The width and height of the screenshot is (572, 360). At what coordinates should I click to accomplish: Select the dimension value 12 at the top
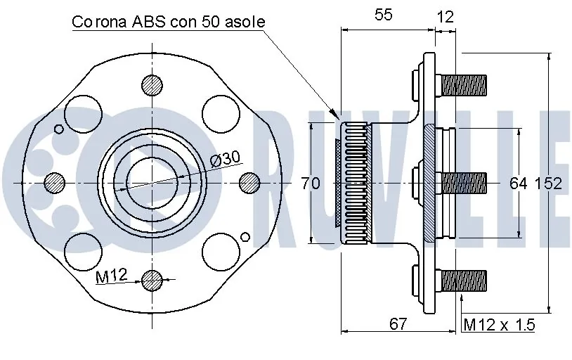(x=445, y=15)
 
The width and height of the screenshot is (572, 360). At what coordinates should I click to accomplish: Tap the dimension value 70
(x=310, y=184)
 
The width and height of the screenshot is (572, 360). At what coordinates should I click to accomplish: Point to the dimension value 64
(x=518, y=184)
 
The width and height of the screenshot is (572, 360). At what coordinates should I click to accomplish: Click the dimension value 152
(x=548, y=184)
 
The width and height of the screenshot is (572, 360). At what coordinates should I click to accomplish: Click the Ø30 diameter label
(x=225, y=159)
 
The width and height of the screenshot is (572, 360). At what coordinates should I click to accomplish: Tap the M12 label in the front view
(x=110, y=276)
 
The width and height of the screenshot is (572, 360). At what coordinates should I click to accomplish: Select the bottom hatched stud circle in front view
(x=151, y=281)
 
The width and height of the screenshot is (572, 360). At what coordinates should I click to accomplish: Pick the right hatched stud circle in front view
(x=249, y=183)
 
